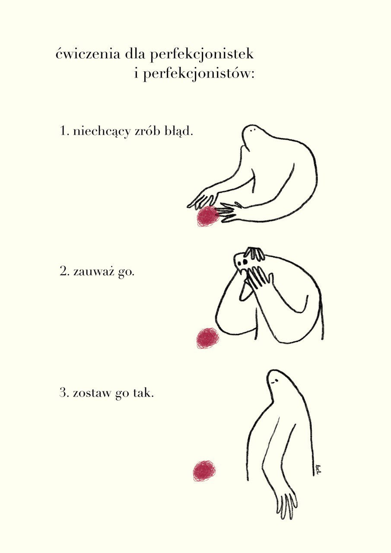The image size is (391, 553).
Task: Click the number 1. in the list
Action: point(64,131)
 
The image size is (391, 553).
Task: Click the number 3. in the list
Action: point(64,394)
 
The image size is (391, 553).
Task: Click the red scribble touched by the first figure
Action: point(208,216)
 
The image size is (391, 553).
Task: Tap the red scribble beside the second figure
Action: point(208,338)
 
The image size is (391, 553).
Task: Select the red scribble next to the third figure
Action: point(204,471)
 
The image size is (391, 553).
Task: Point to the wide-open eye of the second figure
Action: point(245,262)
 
